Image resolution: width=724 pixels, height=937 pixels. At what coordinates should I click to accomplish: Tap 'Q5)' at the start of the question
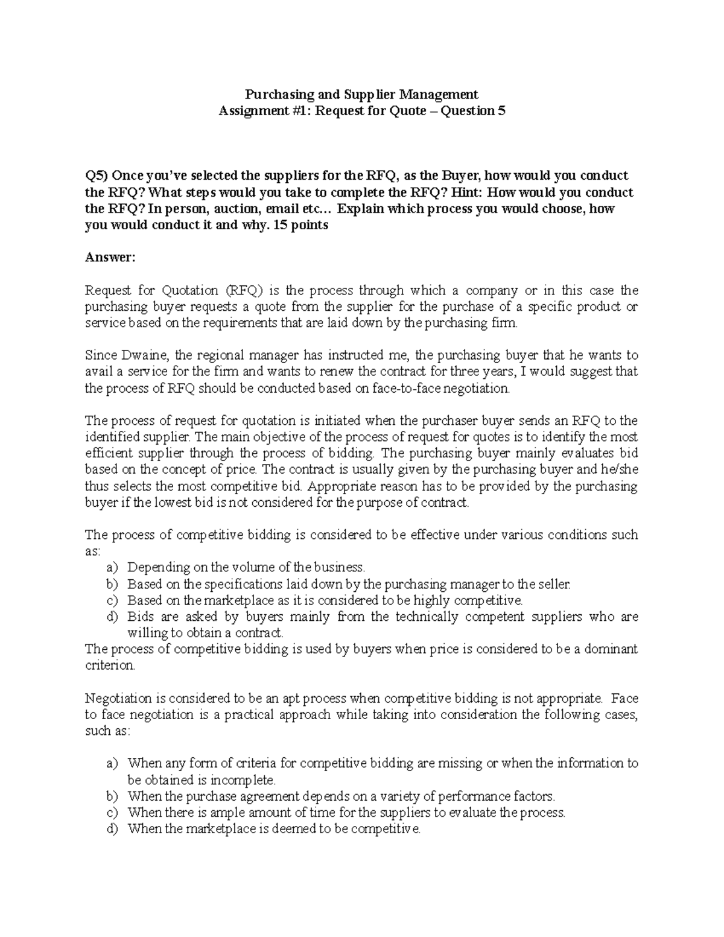click(x=96, y=176)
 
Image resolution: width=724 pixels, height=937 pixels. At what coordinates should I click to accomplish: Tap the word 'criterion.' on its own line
click(x=110, y=666)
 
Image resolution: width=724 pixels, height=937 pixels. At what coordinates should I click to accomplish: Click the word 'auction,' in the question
click(x=240, y=209)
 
